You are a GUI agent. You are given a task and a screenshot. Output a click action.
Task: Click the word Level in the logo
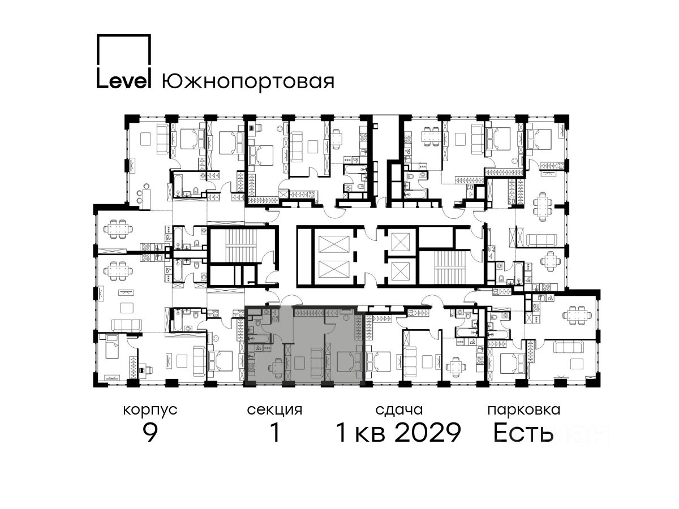(x=123, y=81)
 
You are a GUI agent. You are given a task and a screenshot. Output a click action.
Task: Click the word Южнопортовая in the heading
(x=248, y=82)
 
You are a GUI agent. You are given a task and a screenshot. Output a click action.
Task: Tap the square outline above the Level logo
(x=124, y=50)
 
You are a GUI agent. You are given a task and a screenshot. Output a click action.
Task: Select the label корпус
(x=150, y=410)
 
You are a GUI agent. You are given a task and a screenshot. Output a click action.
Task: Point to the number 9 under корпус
(x=150, y=433)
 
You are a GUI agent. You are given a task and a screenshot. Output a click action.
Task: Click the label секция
(x=274, y=410)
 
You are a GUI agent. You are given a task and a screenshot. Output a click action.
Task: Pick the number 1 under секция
(x=275, y=433)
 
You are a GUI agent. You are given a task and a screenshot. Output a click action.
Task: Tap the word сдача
(x=399, y=410)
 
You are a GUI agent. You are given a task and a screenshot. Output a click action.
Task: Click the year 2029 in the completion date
(x=428, y=433)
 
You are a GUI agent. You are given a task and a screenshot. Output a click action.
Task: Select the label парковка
(x=524, y=410)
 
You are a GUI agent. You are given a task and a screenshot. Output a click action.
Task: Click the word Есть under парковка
(x=523, y=433)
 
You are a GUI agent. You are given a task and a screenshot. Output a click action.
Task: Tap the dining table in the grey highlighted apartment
(x=277, y=366)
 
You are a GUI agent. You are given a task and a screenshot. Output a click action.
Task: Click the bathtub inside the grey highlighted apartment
(x=259, y=338)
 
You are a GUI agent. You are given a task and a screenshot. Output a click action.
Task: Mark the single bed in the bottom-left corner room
(x=111, y=347)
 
